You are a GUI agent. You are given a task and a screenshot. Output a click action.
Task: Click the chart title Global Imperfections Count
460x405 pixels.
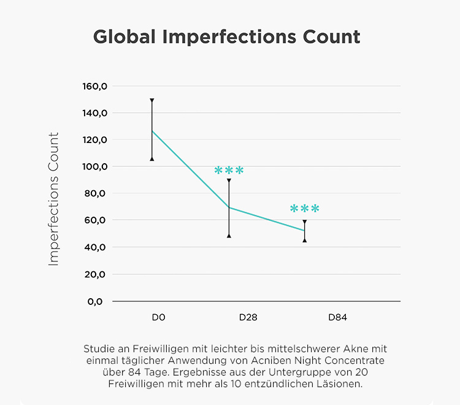click(x=226, y=37)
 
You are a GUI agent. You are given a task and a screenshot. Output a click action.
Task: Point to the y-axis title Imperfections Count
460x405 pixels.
click(x=54, y=199)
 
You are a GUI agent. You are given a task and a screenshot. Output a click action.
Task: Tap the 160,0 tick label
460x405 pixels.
click(x=95, y=86)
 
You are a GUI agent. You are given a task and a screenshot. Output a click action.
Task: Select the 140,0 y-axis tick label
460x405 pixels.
click(x=95, y=113)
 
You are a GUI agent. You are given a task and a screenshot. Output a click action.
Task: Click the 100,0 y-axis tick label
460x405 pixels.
click(x=95, y=166)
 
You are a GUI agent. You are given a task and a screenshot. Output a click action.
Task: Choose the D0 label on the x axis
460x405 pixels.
click(x=159, y=318)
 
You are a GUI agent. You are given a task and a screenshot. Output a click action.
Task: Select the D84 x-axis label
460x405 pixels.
click(x=338, y=318)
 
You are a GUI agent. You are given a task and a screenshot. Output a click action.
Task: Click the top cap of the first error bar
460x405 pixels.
click(x=152, y=99)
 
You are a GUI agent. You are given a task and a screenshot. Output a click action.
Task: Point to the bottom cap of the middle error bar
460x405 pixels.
click(x=229, y=235)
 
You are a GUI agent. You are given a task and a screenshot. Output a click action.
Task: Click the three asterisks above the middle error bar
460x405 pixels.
click(x=229, y=171)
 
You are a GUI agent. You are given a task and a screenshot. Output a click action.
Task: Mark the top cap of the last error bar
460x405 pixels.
click(x=305, y=222)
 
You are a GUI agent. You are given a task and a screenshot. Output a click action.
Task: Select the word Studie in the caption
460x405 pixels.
click(x=99, y=349)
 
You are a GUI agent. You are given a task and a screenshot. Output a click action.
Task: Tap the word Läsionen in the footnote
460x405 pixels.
click(x=343, y=385)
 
